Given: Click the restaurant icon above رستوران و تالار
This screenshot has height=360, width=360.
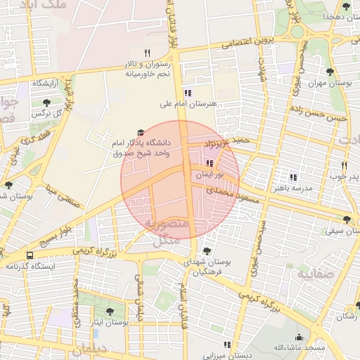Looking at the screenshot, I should point(147,52).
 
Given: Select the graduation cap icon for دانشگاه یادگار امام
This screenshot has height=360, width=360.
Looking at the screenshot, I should point(139,132).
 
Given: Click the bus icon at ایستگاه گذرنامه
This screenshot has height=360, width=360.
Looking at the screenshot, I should point(30,255).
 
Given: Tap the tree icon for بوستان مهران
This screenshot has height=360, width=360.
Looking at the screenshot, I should point(330,71).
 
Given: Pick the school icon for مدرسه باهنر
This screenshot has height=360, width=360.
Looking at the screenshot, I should point(293,177).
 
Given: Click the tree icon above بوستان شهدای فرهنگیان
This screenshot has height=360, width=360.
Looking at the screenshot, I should point(206,250).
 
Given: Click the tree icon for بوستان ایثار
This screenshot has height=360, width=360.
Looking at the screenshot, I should point(109,311).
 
